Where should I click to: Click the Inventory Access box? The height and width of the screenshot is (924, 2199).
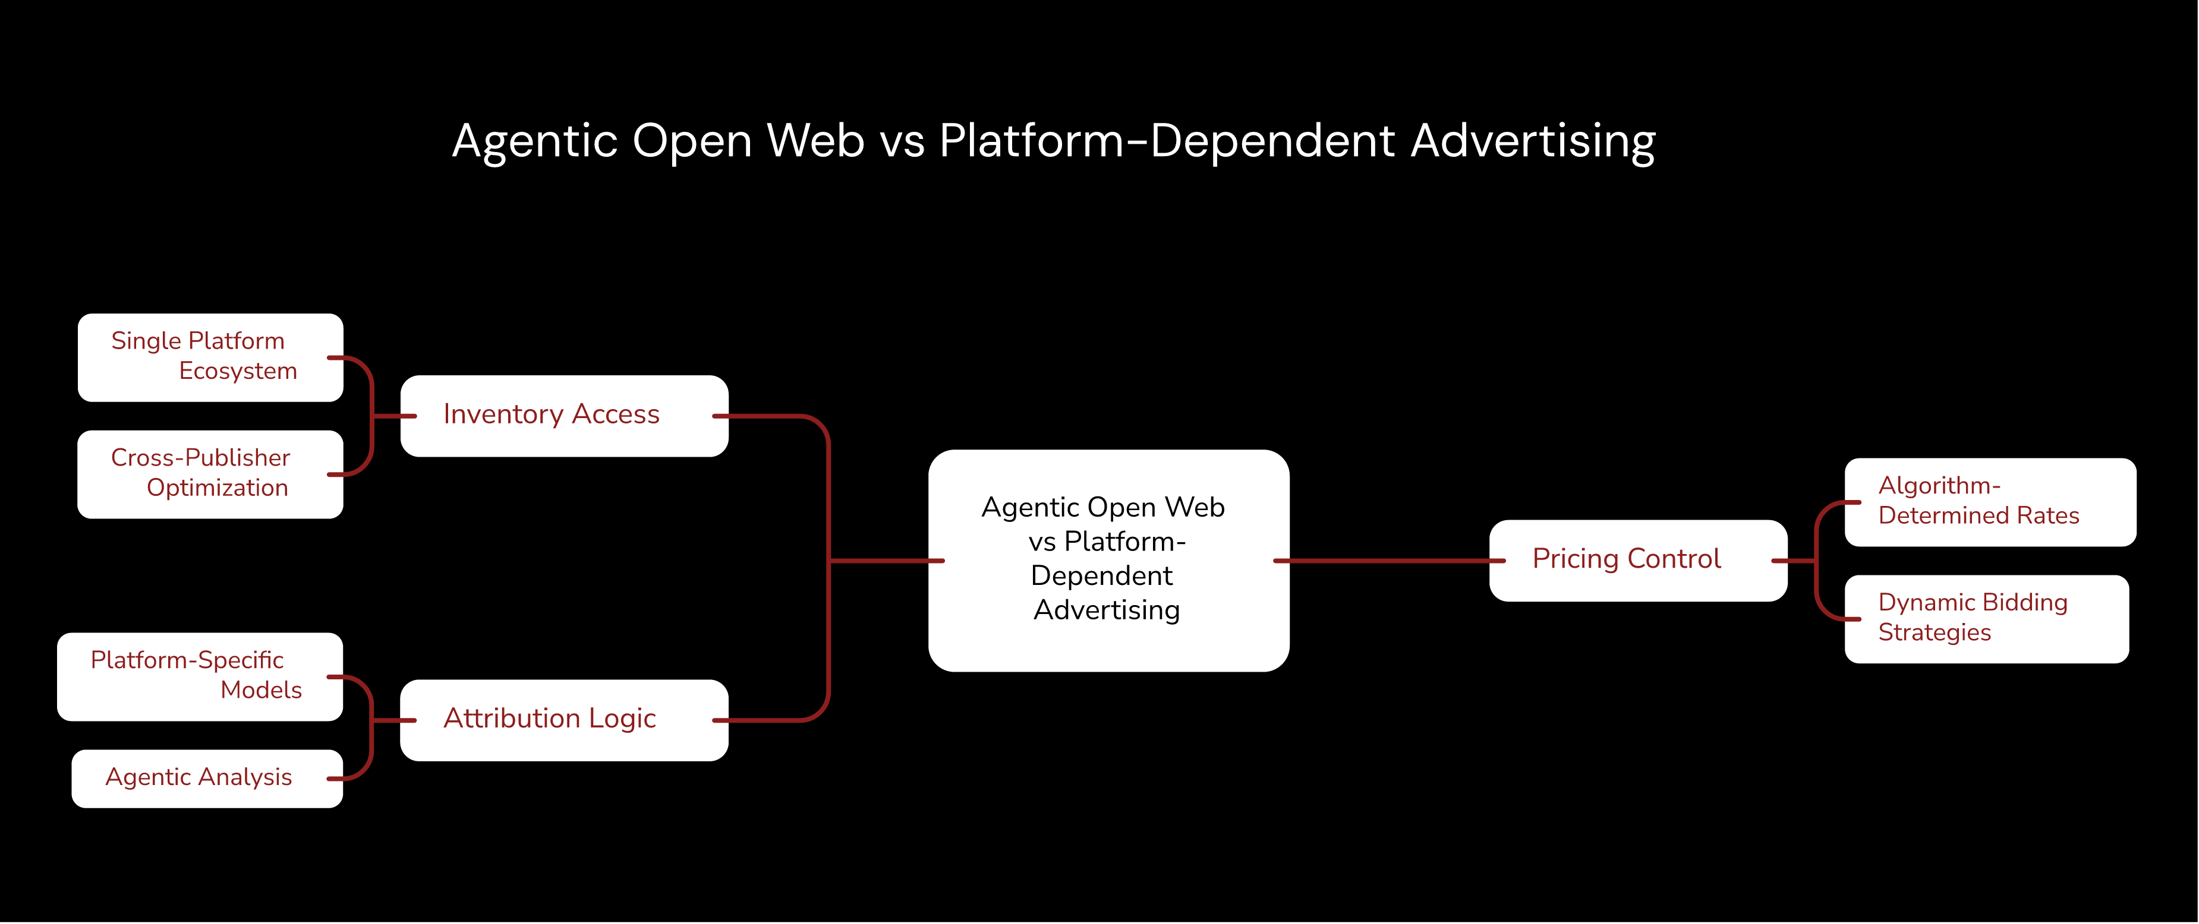point(564,416)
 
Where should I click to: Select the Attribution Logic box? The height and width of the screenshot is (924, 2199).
point(564,720)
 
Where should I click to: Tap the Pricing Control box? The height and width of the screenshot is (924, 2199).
point(1638,561)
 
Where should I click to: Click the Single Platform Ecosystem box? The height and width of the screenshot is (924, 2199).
point(210,357)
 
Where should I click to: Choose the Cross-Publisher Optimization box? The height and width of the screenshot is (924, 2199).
point(210,474)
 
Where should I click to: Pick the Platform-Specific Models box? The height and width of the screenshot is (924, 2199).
point(200,676)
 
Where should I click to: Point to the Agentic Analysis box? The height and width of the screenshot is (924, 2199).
point(207,778)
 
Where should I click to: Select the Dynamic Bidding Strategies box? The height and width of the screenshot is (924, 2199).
point(1986,619)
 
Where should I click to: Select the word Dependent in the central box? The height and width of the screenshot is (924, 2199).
point(1102,576)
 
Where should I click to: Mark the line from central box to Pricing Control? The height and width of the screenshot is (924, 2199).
point(1389,561)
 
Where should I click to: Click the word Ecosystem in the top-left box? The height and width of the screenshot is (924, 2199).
point(238,371)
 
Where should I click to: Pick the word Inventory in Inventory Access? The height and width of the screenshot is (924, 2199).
point(503,414)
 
